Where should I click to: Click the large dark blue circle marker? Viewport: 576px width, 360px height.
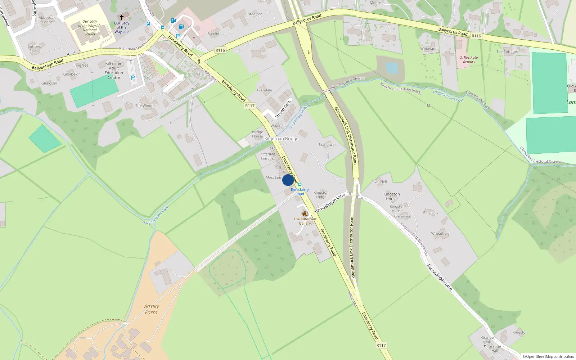point(288,180)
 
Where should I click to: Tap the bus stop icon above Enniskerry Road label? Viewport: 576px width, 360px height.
point(300,185)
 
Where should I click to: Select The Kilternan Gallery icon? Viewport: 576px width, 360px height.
point(305,214)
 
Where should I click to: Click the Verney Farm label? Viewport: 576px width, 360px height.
point(151,309)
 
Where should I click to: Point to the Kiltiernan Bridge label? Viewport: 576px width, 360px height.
point(281,139)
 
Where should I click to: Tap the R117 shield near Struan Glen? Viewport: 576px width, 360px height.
point(250,106)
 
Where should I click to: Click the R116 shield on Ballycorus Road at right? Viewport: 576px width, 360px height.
point(476,36)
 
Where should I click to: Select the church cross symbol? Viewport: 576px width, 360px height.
point(122,17)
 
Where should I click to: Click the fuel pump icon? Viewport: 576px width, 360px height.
point(181,27)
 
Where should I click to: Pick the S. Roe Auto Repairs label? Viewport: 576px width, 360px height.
point(469,59)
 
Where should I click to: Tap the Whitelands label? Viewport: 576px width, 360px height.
point(429,49)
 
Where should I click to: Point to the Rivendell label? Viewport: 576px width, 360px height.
point(379,182)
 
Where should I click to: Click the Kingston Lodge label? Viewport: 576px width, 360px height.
point(321,195)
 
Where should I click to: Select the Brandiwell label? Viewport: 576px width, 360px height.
point(327,145)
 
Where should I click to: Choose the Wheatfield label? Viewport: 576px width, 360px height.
point(440,233)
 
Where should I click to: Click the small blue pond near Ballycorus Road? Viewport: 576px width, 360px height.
point(391,68)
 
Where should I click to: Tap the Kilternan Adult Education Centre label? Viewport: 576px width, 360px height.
point(114,71)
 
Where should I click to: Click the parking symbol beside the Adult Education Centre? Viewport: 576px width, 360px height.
point(133,78)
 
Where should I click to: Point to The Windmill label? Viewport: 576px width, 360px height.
point(146,105)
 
